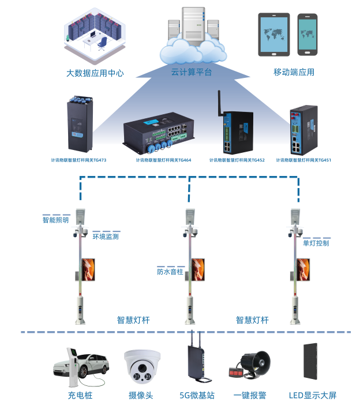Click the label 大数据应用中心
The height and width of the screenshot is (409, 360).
[x=95, y=73]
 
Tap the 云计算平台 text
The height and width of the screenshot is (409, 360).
[x=192, y=72]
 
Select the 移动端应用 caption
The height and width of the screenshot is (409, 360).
[x=294, y=72]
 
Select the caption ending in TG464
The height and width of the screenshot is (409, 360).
[x=163, y=160]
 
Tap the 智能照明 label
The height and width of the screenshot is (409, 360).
[x=55, y=220]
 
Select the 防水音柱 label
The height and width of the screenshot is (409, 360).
[x=170, y=271]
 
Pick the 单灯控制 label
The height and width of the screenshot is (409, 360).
[x=316, y=243]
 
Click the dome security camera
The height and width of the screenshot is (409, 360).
[x=141, y=367]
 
